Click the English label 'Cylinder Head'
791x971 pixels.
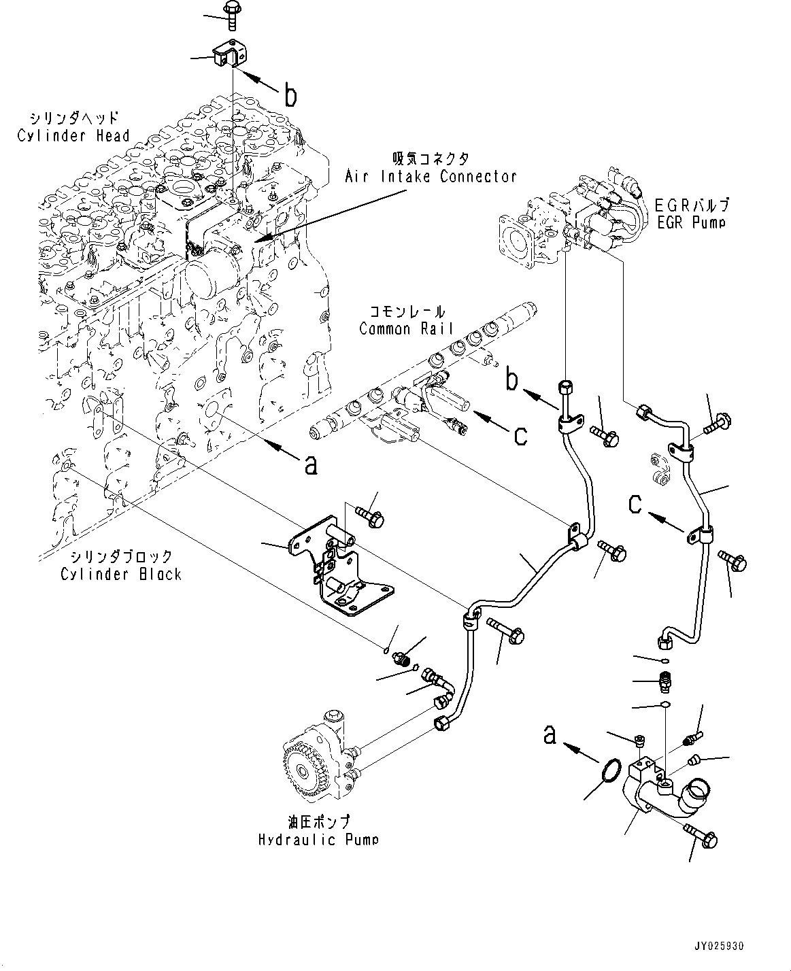click(73, 135)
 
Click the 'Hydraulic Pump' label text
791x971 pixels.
click(318, 839)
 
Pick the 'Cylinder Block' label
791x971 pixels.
click(121, 574)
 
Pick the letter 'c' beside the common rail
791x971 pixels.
click(520, 435)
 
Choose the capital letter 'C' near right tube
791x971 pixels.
click(634, 504)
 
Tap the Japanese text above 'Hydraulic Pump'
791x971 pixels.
click(318, 821)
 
